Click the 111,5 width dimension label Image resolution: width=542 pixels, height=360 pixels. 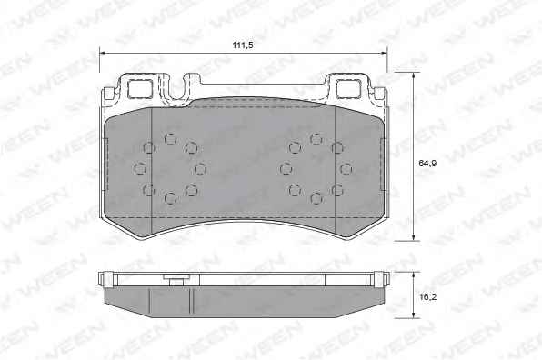click(x=243, y=45)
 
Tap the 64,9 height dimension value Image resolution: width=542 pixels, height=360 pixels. click(x=427, y=163)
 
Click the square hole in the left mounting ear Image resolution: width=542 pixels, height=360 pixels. click(x=140, y=89)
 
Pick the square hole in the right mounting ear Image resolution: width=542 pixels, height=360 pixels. click(x=349, y=88)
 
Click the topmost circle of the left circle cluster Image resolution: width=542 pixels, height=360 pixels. click(x=170, y=140)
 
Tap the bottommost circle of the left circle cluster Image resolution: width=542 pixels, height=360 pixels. click(x=170, y=198)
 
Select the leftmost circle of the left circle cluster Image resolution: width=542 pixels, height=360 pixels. click(x=140, y=169)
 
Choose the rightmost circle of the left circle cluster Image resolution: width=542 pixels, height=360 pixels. click(x=200, y=169)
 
